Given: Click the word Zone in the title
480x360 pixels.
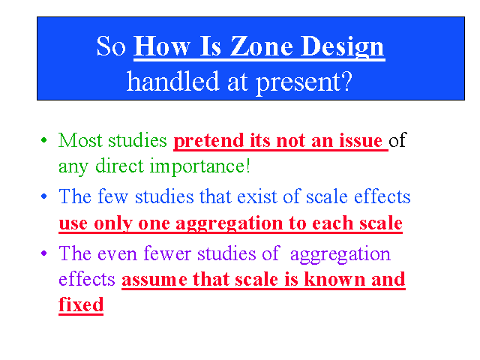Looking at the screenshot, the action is (262, 46).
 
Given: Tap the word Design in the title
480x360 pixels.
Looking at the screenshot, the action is (343, 47).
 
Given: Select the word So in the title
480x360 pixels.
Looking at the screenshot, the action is (111, 46).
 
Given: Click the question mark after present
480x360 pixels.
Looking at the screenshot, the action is (348, 81).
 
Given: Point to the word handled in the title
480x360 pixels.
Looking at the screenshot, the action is (173, 81).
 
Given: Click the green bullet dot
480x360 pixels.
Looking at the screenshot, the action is (43, 140).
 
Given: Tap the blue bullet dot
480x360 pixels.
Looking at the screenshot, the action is (43, 196).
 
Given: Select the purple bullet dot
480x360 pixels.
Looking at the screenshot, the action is (43, 253).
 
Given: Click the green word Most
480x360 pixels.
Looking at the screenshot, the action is (80, 140).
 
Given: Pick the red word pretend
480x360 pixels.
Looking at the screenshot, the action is (208, 141).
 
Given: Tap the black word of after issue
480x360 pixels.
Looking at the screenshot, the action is (397, 140).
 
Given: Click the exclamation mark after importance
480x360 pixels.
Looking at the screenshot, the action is (247, 166).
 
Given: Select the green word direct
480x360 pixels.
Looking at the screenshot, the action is (119, 166).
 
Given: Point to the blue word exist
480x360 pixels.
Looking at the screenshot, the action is (256, 196).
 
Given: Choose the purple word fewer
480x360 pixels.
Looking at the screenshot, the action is (167, 253).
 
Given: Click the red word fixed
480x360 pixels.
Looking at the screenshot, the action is (81, 304).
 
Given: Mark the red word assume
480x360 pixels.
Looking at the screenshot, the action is (154, 280).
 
